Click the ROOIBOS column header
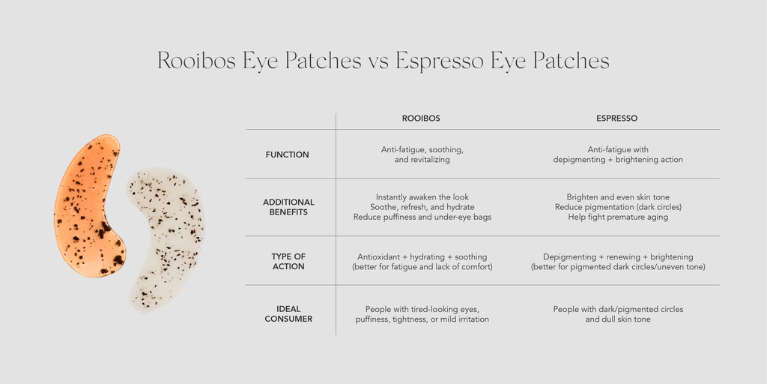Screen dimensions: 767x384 [x=421, y=118]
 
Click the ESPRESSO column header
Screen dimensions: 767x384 [x=616, y=118]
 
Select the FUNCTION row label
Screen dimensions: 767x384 [x=287, y=154]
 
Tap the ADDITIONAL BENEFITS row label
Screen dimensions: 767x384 [x=288, y=207]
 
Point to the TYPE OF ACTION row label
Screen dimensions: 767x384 [x=288, y=262]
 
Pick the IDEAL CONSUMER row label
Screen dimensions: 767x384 [x=288, y=314]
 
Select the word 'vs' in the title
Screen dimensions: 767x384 [x=378, y=61]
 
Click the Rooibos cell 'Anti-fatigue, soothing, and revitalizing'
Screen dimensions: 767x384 [x=422, y=154]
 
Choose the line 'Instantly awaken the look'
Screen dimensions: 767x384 [x=422, y=197]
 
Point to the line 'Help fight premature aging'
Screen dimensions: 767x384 [x=618, y=217]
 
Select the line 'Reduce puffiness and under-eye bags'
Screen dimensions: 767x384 [x=422, y=217]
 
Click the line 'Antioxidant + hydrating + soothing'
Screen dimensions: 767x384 [x=422, y=256]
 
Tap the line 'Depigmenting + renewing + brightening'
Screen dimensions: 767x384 [x=618, y=256]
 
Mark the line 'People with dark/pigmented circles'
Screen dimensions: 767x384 [x=618, y=310]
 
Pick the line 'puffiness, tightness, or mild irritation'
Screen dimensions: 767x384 [x=422, y=319]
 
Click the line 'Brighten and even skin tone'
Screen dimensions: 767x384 [x=618, y=197]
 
